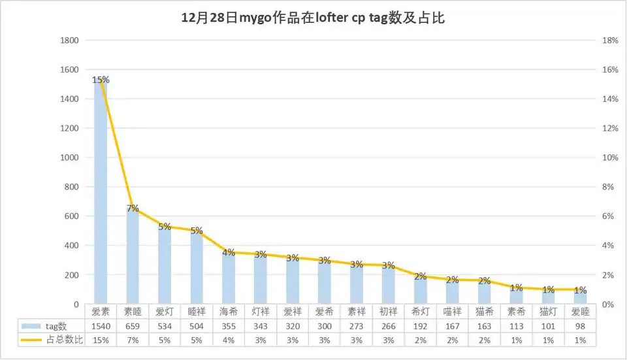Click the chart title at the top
click(x=313, y=18)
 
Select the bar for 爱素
click(x=101, y=196)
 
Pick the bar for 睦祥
click(x=197, y=268)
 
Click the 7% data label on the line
click(x=133, y=208)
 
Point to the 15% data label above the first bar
click(x=101, y=80)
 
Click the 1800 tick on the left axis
click(x=70, y=41)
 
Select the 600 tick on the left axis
click(x=72, y=216)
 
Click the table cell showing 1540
click(x=101, y=326)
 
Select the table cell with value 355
click(x=229, y=326)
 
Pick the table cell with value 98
click(x=581, y=326)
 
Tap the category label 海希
click(x=229, y=312)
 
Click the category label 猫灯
click(x=549, y=312)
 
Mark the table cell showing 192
click(x=421, y=326)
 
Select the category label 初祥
click(x=389, y=312)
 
